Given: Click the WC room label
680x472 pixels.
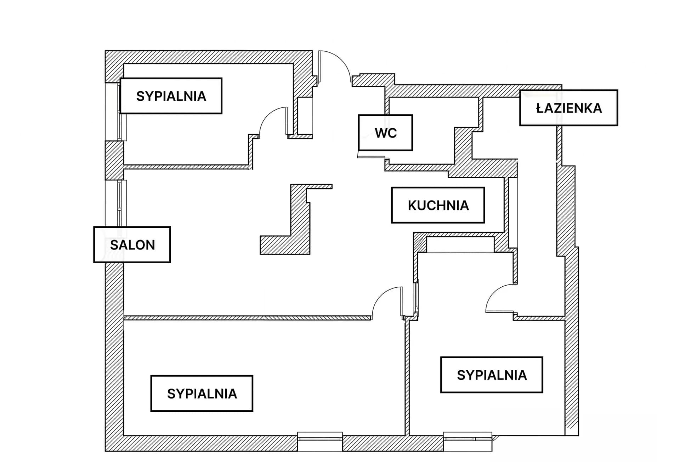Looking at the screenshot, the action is point(385,133).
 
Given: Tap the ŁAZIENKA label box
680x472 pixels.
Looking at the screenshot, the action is point(569,108).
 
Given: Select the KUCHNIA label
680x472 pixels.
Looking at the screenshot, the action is point(438,205).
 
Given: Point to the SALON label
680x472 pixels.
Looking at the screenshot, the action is point(132,245).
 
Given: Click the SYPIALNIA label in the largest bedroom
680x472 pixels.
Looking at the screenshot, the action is point(202,393).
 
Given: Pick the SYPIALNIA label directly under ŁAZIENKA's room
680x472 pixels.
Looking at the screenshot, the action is point(492,375).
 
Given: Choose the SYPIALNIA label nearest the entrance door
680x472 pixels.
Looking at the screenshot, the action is point(171,96).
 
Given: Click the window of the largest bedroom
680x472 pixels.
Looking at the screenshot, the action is point(320,442).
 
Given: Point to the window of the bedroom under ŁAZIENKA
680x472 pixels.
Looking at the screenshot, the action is point(468,442).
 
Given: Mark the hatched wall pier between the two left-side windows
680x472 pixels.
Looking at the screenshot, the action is point(114,160).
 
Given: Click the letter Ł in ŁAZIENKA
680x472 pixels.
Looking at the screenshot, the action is point(540,108).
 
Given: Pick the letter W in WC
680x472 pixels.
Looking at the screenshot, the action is point(381,133).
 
